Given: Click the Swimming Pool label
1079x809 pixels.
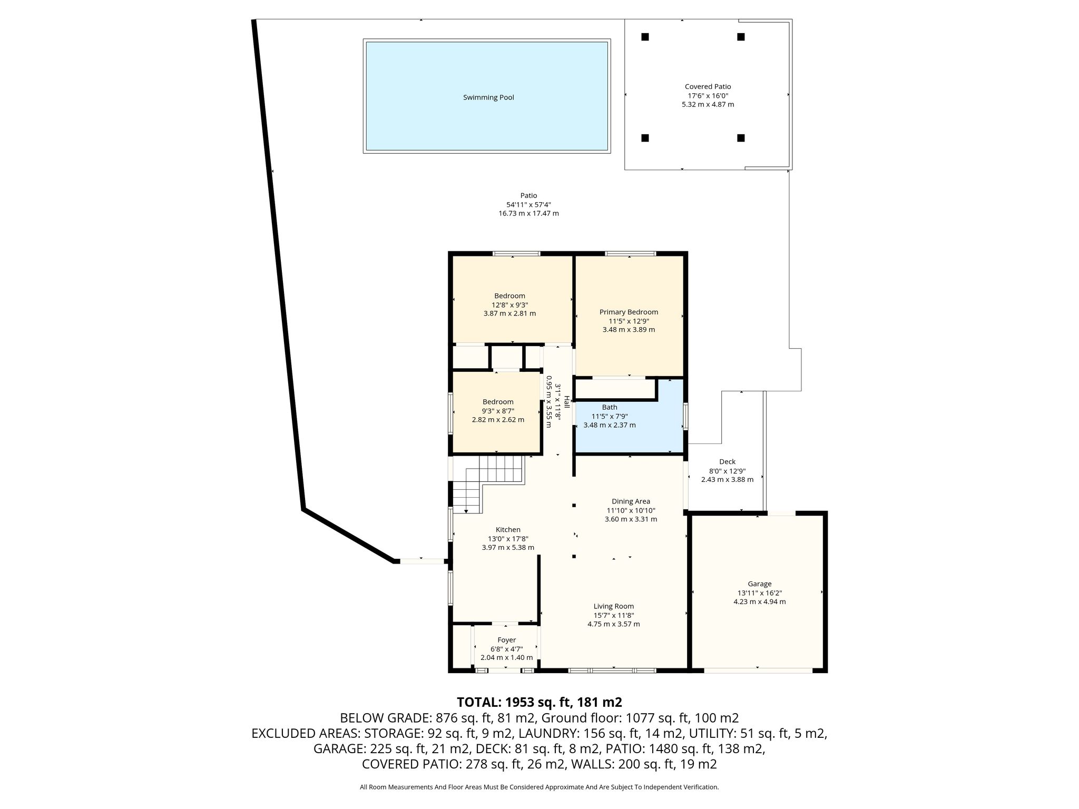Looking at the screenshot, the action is (x=488, y=97).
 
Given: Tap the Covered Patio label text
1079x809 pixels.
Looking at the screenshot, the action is (x=708, y=86).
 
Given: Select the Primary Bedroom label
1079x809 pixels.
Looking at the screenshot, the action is (x=629, y=312).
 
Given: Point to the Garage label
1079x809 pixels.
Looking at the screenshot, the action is (x=759, y=584).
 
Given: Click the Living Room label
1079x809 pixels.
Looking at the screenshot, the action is (x=613, y=606).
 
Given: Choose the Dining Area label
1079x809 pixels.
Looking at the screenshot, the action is (x=631, y=501).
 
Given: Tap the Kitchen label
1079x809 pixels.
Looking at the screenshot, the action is (x=508, y=530).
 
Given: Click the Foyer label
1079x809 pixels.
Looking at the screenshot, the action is (x=506, y=640).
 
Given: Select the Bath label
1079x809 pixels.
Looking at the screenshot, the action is (x=610, y=407).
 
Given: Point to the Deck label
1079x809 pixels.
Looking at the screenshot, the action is (x=727, y=462).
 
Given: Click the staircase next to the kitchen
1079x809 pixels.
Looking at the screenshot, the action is (x=487, y=484).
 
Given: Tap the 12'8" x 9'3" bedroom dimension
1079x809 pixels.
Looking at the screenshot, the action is (x=509, y=305).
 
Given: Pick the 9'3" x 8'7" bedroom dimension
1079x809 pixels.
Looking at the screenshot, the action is (x=498, y=411).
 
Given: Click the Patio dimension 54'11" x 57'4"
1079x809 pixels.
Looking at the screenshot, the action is (x=528, y=205).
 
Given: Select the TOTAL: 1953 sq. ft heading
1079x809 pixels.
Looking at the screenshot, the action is (x=539, y=702).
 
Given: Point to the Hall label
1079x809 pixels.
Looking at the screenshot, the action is (x=567, y=402).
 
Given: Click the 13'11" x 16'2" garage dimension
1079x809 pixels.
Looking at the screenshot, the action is (x=759, y=593).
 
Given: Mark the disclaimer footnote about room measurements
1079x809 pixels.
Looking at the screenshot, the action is (x=539, y=787).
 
